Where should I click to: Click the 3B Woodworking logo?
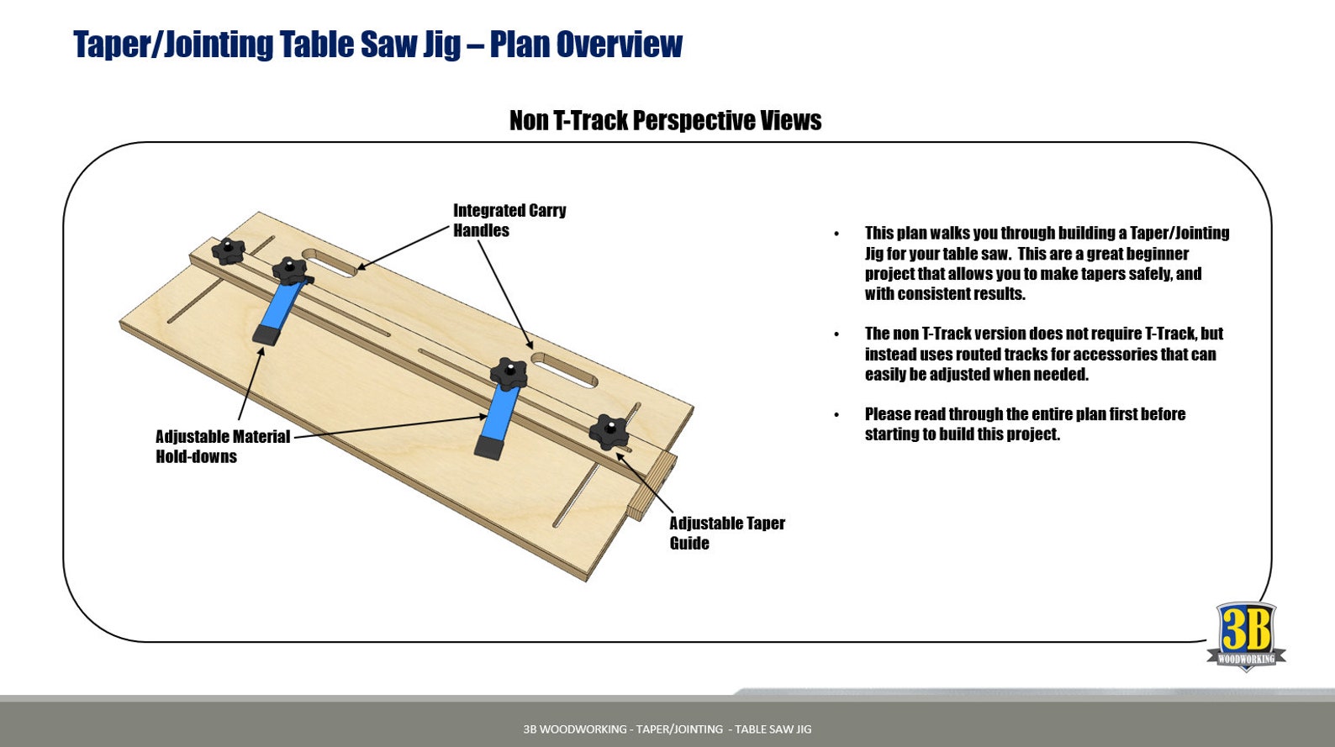[1246, 636]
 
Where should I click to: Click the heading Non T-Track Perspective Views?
[665, 121]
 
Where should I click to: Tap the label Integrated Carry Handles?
[509, 220]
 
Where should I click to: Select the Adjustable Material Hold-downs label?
[222, 446]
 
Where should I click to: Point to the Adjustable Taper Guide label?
[726, 533]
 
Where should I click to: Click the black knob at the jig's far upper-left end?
[227, 250]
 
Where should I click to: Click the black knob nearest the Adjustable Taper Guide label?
[609, 432]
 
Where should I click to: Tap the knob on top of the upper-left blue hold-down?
[290, 271]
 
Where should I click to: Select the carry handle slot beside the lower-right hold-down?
[564, 370]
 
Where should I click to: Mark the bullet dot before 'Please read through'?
[836, 414]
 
